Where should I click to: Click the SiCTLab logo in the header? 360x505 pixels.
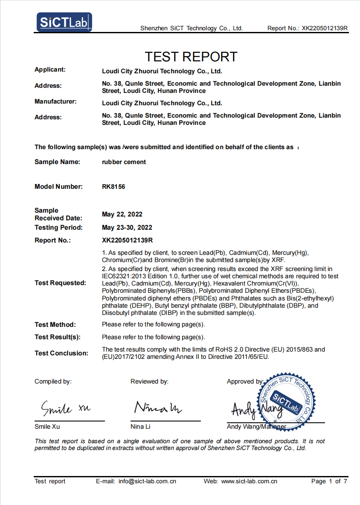tap(64, 22)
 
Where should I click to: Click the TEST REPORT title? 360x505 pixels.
tap(191, 56)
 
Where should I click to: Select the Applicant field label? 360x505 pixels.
tap(50, 69)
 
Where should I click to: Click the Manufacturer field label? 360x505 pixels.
tap(55, 101)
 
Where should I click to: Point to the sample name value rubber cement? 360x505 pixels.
tap(124, 162)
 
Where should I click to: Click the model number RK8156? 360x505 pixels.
tap(113, 187)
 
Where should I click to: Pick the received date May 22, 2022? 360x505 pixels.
tap(122, 214)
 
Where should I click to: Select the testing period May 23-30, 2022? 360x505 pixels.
tap(127, 228)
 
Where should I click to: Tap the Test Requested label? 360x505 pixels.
tap(60, 283)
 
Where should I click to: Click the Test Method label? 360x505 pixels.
tap(55, 325)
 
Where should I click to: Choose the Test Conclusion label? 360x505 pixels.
tap(61, 353)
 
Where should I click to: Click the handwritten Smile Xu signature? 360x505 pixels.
tap(66, 409)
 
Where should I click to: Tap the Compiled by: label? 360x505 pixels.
tap(53, 381)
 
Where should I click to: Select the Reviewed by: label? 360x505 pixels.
tap(149, 381)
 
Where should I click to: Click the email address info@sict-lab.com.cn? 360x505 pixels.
tap(147, 481)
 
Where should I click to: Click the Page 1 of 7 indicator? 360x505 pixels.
tap(329, 481)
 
